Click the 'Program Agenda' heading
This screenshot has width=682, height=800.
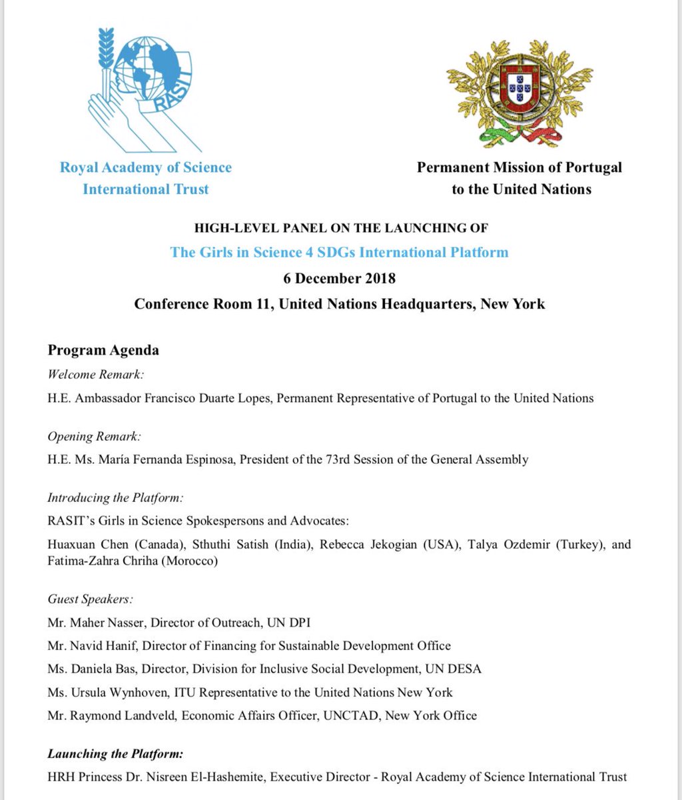tap(103, 350)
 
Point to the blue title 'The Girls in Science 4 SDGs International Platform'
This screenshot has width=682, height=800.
tap(340, 253)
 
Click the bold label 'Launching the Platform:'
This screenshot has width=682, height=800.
tap(115, 754)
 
